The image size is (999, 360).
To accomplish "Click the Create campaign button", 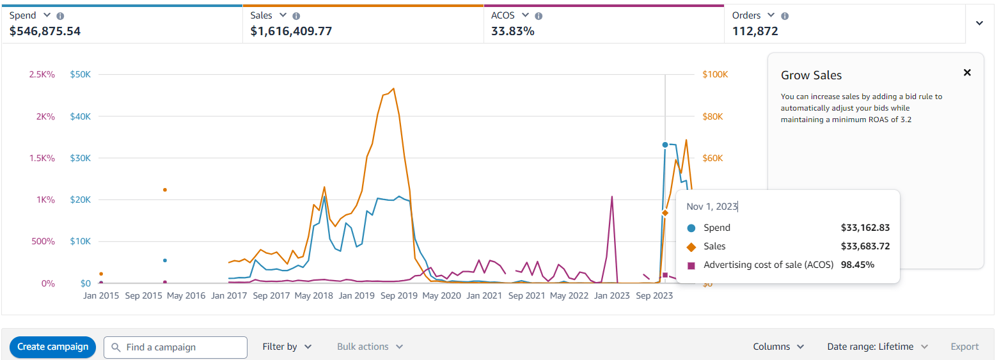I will [52, 347].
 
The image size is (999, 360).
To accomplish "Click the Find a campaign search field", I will [175, 347].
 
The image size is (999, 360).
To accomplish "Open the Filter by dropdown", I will [287, 347].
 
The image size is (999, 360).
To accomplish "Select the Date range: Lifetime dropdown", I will [877, 347].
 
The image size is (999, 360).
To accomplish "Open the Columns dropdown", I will [778, 347].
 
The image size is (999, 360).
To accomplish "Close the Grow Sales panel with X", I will [967, 73].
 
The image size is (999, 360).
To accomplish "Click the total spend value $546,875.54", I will [45, 31].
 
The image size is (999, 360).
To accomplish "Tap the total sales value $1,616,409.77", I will [291, 31].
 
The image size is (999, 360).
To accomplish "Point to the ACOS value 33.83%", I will [512, 31].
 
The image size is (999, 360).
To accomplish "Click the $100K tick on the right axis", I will [715, 75].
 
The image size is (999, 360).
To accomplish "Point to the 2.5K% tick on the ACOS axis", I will [42, 75].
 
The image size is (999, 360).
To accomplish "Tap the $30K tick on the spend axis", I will [80, 159].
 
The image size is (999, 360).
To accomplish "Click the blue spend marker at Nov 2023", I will [665, 145].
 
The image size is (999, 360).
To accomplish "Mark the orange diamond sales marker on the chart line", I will [665, 213].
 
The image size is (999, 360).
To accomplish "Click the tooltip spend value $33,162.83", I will [865, 228].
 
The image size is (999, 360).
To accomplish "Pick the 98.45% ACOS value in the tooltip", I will [858, 265].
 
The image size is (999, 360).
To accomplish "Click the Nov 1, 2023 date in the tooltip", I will [712, 207].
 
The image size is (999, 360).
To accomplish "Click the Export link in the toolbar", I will [964, 347].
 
